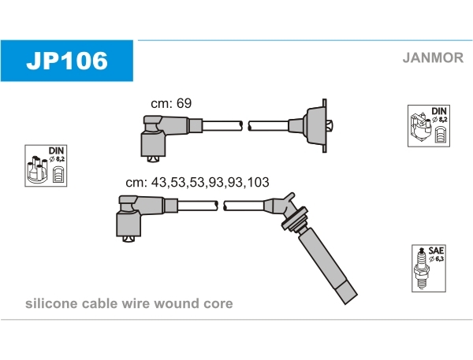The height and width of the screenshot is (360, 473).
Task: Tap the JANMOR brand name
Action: click(x=432, y=57)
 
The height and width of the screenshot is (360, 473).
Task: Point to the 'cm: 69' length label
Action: click(x=171, y=103)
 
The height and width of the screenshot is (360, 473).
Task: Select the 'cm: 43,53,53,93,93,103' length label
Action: click(x=197, y=182)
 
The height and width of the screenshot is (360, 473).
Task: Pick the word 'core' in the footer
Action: click(x=218, y=303)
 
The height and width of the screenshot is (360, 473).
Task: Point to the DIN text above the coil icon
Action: click(x=439, y=111)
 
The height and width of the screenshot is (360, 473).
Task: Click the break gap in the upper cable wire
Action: click(x=245, y=125)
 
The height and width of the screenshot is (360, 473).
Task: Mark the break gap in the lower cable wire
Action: click(x=221, y=206)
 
